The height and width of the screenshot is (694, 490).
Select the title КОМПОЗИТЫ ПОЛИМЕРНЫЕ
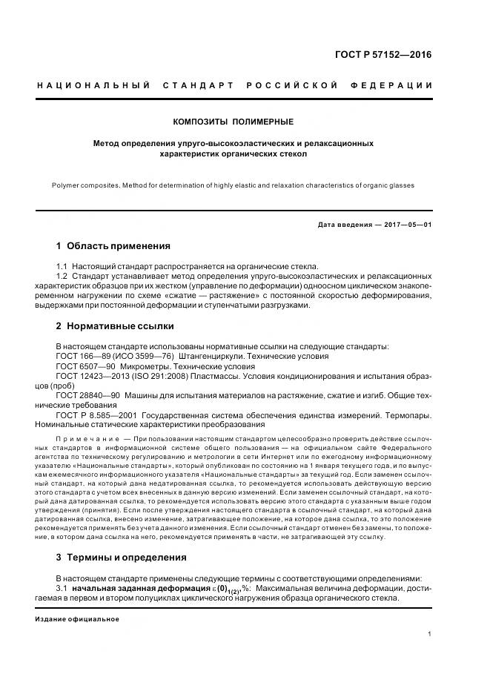pos(234,121)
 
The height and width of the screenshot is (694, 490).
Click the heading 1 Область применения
pos(113,245)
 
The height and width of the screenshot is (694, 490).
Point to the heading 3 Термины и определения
pos(122,557)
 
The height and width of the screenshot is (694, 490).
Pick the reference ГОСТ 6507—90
pos(86,366)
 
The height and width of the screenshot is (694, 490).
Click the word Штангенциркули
pos(212,356)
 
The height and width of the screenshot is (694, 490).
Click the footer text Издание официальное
pos(76,618)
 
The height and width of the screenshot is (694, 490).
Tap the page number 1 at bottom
pos(430,634)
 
